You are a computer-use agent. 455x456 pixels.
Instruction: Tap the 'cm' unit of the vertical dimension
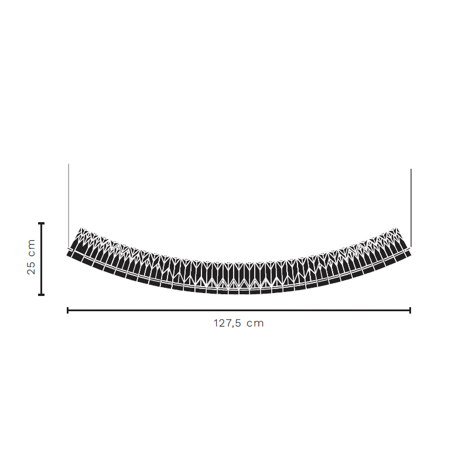pyautogui.click(x=32, y=248)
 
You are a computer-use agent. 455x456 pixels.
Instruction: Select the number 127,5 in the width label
pyautogui.click(x=227, y=324)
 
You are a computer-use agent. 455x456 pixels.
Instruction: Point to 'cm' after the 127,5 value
pyautogui.click(x=255, y=324)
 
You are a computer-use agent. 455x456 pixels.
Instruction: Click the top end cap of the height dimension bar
pyautogui.click(x=41, y=223)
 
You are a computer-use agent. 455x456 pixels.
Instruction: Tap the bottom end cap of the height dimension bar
pyautogui.click(x=41, y=295)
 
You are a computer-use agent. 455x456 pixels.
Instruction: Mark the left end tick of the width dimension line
pyautogui.click(x=68, y=310)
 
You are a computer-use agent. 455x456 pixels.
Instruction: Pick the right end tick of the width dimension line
pyautogui.click(x=410, y=310)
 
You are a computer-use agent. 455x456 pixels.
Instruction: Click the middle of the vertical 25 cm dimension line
pyautogui.click(x=41, y=259)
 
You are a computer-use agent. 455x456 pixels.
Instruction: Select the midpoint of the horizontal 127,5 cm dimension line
pyautogui.click(x=239, y=310)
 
